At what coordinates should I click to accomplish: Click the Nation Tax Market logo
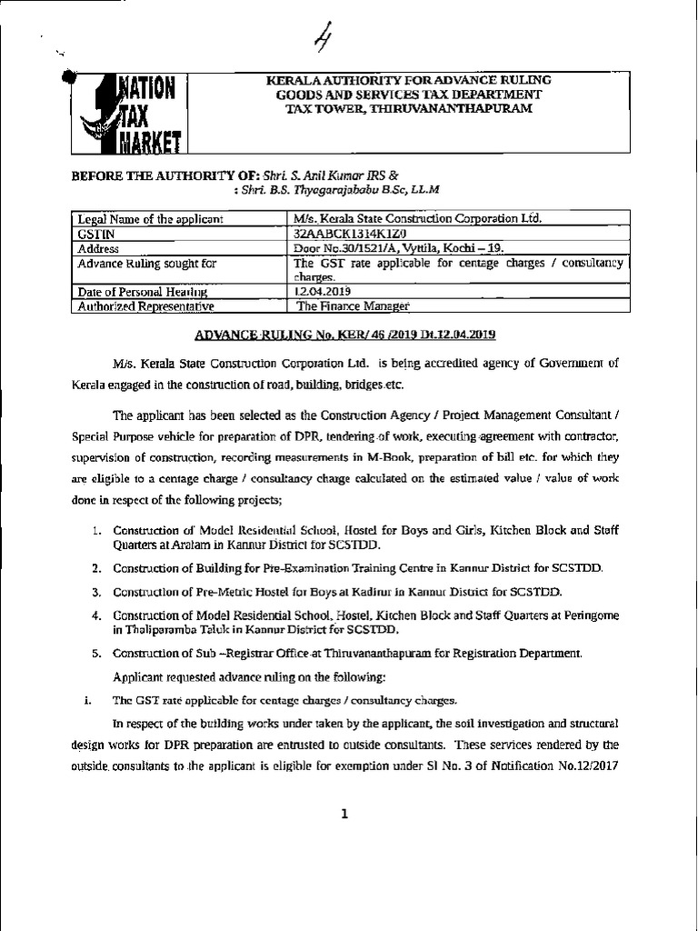(x=129, y=113)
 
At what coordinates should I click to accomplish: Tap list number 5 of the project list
(x=95, y=654)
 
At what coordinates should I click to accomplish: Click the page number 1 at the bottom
(x=345, y=814)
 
